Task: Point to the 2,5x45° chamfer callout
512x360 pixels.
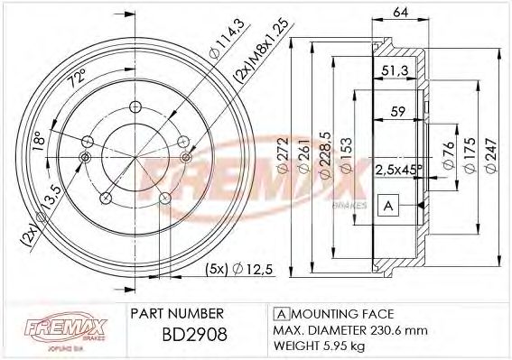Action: (x=395, y=169)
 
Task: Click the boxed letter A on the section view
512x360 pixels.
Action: (x=386, y=206)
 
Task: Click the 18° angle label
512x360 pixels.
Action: (x=37, y=143)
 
